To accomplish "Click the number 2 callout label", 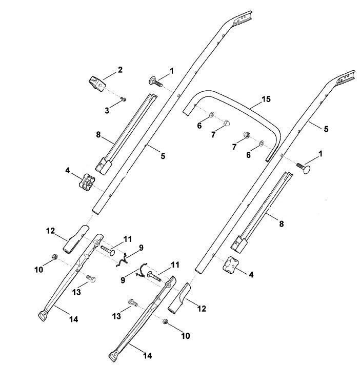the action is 120,70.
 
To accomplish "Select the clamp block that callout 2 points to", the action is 97,84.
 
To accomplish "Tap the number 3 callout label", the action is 107,110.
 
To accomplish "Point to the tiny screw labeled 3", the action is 124,99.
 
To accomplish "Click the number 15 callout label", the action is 266,99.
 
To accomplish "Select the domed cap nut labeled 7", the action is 226,123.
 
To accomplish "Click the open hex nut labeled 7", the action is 247,135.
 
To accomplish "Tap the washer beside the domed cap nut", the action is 212,114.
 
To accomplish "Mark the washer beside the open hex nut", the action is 261,143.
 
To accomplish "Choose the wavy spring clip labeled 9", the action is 123,260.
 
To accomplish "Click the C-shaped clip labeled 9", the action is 142,270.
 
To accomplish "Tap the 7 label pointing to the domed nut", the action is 213,134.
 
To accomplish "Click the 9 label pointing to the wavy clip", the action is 141,248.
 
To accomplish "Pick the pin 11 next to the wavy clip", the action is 108,250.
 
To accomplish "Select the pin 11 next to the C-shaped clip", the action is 154,276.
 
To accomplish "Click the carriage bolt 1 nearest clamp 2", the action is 155,82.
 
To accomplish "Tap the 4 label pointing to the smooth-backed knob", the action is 251,275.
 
